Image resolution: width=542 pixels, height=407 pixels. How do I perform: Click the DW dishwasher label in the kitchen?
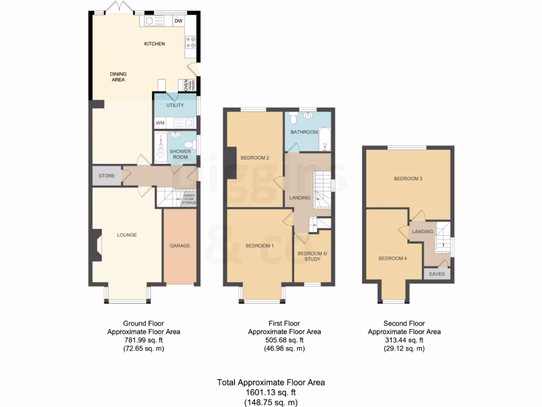pyautogui.click(x=178, y=21)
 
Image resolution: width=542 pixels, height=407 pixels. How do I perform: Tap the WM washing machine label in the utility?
pyautogui.click(x=160, y=123)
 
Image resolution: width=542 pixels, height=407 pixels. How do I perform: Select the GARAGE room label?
pyautogui.click(x=180, y=246)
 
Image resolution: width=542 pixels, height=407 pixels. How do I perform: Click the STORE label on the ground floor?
pyautogui.click(x=106, y=175)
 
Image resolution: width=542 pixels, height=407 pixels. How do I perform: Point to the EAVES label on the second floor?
pyautogui.click(x=437, y=274)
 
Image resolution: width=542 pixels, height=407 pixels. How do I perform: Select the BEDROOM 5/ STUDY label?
pyautogui.click(x=312, y=256)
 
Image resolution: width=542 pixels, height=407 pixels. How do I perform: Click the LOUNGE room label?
pyautogui.click(x=127, y=235)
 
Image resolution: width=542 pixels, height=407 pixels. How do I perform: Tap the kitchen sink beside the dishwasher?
pyautogui.click(x=155, y=21)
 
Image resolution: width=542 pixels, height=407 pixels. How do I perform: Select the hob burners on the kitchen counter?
pyautogui.click(x=191, y=42)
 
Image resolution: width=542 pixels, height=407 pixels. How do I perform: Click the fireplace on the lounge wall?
pyautogui.click(x=96, y=245)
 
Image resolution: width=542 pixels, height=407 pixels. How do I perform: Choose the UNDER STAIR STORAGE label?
pyautogui.click(x=189, y=199)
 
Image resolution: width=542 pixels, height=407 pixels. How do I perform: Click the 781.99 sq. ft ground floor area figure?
pyautogui.click(x=143, y=340)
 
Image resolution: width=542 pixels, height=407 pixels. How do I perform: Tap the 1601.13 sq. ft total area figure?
pyautogui.click(x=270, y=393)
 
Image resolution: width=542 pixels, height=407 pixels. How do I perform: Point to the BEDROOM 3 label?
pyautogui.click(x=408, y=179)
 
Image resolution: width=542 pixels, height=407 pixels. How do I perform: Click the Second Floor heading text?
pyautogui.click(x=404, y=323)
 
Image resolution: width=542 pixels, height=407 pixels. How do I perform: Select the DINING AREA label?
pyautogui.click(x=118, y=77)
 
